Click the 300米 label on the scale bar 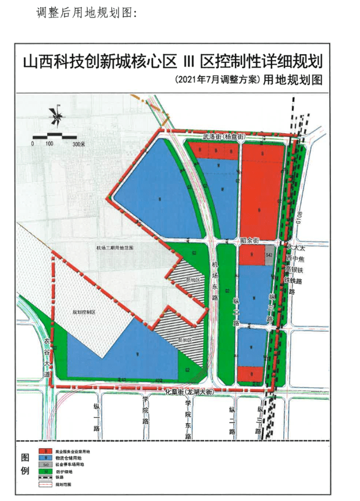click(x=80, y=143)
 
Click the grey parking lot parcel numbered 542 click(x=269, y=255)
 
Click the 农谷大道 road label click(x=47, y=355)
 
